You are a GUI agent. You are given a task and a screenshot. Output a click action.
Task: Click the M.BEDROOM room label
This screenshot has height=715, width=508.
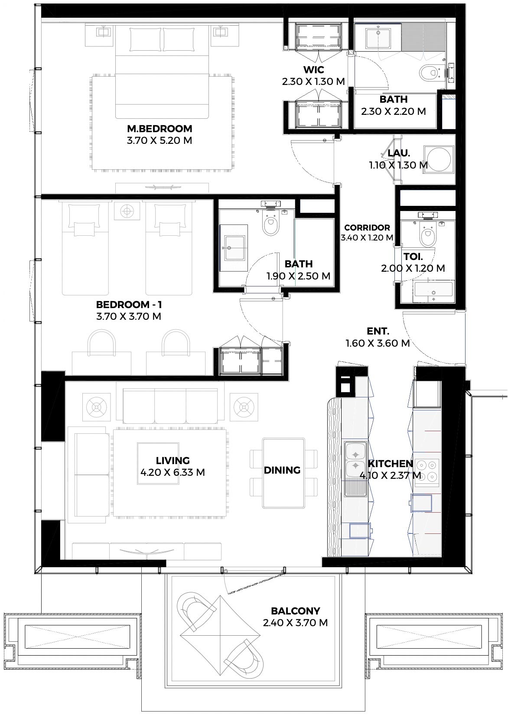pos(160,129)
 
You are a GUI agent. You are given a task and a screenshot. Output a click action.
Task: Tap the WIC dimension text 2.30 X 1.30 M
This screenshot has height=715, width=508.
pos(313,81)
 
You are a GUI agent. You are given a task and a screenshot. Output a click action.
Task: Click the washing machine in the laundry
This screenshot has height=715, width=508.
pos(439,159)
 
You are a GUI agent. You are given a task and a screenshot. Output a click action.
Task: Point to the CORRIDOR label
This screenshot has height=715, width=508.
pos(367,227)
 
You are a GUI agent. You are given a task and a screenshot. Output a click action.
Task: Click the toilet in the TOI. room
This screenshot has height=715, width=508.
pos(428,234)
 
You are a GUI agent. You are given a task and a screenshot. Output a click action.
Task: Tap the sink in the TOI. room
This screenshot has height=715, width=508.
pos(433,292)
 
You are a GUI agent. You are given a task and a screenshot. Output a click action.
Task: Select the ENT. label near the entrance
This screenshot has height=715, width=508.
pos(378,331)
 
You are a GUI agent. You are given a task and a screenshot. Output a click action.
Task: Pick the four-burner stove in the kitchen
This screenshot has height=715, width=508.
pos(427,470)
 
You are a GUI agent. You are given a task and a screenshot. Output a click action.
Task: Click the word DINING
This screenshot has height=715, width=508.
pos(282,470)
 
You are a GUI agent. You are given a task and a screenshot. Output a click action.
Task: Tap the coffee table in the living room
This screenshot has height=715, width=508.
pos(158,464)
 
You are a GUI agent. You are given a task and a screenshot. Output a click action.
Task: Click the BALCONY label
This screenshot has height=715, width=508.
pos(295,611)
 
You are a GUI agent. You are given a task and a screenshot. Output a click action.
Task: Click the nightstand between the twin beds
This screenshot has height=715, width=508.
pos(127,211)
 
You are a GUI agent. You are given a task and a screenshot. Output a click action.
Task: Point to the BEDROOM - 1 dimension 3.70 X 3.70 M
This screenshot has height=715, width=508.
pos(128,316)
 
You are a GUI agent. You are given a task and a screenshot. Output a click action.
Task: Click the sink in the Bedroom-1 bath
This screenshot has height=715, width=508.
pos(234,248)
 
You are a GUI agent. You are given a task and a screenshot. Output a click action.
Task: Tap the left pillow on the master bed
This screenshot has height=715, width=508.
pos(145,39)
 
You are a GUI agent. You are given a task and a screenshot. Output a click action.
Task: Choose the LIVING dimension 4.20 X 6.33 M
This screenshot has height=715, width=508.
pos(173,472)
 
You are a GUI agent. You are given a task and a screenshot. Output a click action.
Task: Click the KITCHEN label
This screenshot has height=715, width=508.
pos(390,464)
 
